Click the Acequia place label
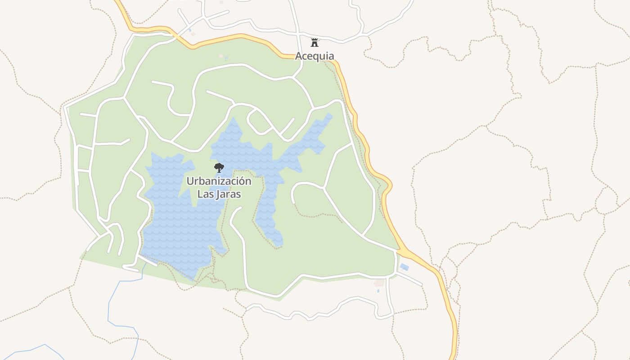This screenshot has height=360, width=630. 315,56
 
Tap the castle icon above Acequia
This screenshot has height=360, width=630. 315,43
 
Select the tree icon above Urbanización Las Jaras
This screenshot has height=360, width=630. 219,168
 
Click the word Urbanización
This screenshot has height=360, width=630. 219,181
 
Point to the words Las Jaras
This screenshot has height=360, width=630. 219,194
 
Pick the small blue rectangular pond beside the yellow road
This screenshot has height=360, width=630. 404,267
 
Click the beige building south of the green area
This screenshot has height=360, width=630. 380,283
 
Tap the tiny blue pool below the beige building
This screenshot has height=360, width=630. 378,291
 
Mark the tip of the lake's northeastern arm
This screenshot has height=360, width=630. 329,116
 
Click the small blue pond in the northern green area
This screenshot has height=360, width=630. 226,58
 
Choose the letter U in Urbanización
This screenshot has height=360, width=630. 190,181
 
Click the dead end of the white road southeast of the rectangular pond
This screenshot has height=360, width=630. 422,285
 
